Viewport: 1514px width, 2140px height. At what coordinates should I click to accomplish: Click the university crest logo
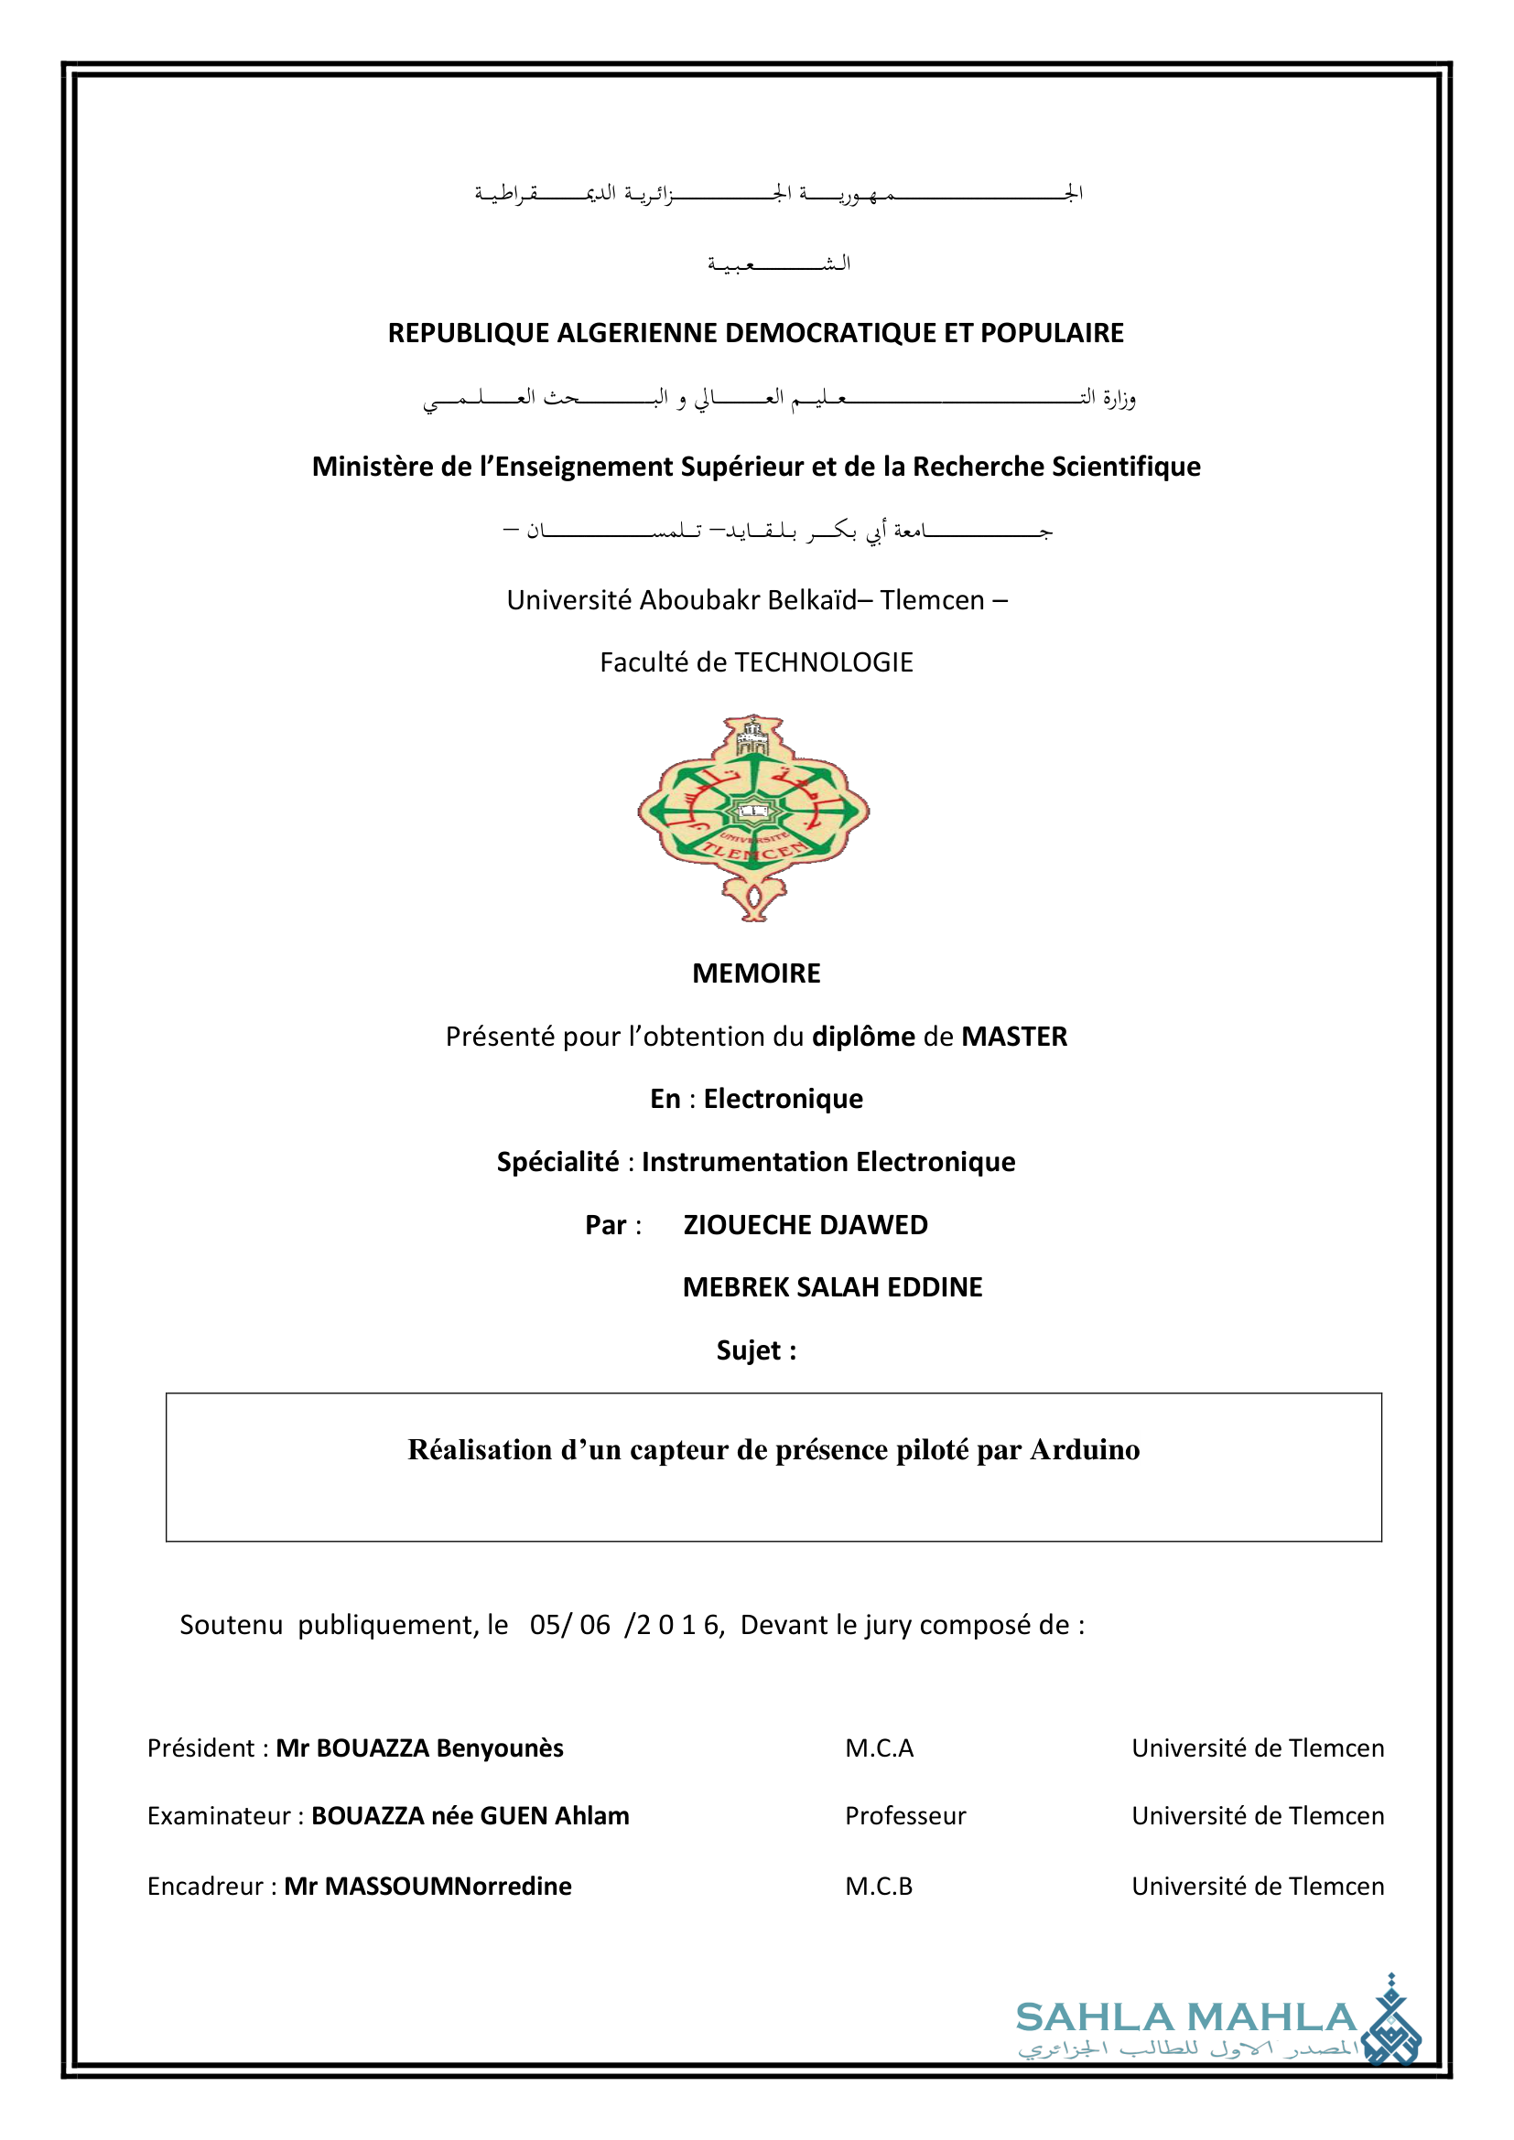[753, 817]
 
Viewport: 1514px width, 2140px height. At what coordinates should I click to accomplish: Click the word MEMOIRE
[756, 973]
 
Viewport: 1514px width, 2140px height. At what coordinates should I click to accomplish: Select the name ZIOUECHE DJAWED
[806, 1225]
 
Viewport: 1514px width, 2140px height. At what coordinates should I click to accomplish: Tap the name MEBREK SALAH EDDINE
[832, 1287]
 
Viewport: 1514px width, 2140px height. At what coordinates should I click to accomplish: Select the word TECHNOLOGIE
[823, 662]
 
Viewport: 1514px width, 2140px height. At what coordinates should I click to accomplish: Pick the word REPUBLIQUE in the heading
[469, 333]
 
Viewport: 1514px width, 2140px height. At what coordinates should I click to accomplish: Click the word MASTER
[1014, 1037]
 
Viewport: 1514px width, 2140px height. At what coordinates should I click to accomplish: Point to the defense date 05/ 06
[569, 1626]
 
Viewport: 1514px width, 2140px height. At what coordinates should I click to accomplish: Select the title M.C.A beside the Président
[879, 1748]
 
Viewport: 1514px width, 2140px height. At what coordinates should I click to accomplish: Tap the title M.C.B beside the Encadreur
[878, 1887]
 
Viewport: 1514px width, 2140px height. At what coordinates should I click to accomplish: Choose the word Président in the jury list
[200, 1748]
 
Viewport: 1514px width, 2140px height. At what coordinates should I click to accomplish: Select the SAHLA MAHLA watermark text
[1185, 2018]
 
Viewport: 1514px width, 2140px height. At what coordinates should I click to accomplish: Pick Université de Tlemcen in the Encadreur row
[1258, 1887]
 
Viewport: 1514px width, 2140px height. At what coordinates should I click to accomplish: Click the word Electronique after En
[784, 1099]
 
